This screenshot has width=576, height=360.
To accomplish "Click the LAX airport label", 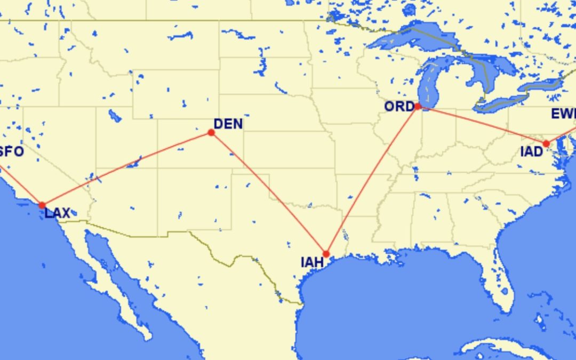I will [x=57, y=213].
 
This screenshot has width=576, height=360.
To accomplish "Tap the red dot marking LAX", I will [x=42, y=205].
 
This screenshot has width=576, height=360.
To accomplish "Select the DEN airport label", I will [x=228, y=124].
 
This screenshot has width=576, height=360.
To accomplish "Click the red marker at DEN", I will [x=211, y=132].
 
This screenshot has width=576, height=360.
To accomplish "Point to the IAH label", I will [x=312, y=262].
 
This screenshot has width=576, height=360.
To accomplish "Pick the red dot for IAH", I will [x=326, y=254].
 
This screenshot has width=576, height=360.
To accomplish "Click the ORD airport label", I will [x=399, y=107].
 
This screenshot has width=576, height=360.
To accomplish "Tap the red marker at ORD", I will [x=418, y=106].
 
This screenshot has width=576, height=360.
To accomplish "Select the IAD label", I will [x=531, y=152].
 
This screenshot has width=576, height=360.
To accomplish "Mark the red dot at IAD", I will [x=546, y=143].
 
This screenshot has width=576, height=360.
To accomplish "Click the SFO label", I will [x=12, y=152].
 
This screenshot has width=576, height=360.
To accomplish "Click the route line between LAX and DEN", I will [x=127, y=169].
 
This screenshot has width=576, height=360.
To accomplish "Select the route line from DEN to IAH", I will [x=269, y=193].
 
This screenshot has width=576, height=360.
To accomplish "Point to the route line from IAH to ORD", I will [x=372, y=180].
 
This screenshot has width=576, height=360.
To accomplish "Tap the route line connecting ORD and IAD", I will [x=482, y=125].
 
